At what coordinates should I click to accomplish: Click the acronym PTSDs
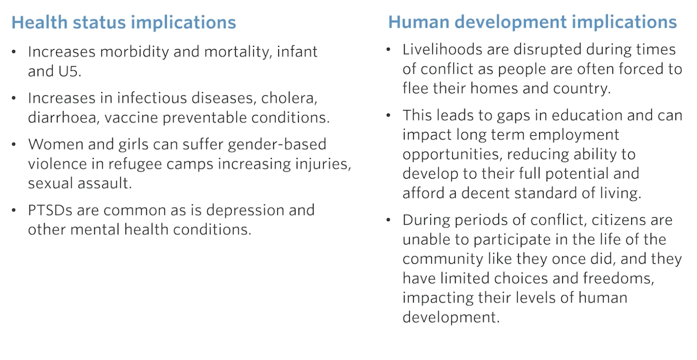coord(50,210)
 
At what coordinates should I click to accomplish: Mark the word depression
coord(244,210)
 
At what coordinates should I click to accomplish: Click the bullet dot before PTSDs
coord(14,210)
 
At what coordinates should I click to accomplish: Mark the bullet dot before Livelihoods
coord(388,50)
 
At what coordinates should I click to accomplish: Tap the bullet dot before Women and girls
coord(14,144)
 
